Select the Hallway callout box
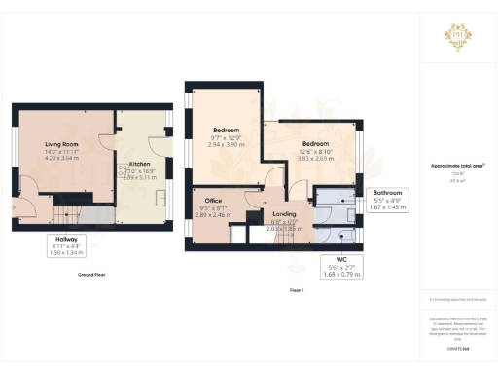coord(67,244)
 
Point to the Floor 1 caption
coord(297,290)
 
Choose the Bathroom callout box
coord(388,200)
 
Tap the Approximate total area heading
coord(457,165)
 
